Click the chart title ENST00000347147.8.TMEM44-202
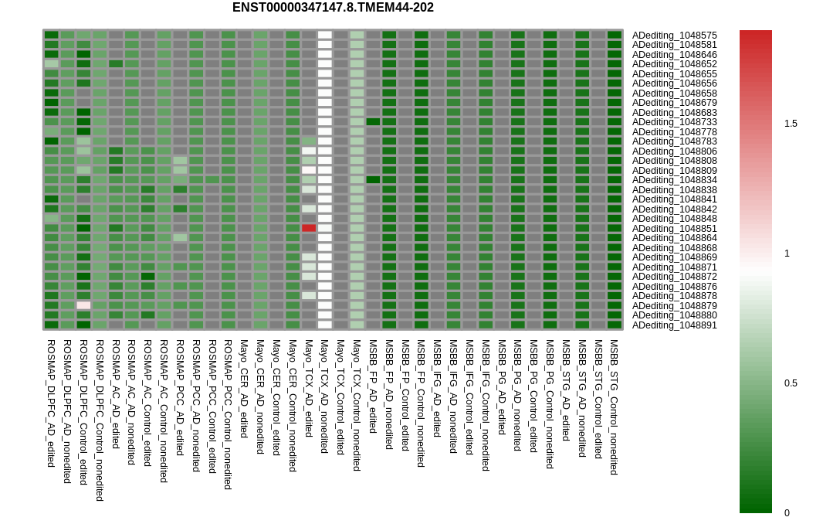coord(333,8)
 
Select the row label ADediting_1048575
coord(674,36)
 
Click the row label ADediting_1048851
coord(674,229)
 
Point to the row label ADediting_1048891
coord(674,325)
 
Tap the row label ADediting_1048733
coord(674,122)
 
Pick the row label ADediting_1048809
coord(674,170)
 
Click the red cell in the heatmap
coord(309,228)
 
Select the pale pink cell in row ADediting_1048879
coord(83,305)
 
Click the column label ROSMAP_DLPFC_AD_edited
coord(51,403)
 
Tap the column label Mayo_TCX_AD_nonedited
coord(324,396)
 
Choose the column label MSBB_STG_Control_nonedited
coord(614,407)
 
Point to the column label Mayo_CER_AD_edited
coord(244,389)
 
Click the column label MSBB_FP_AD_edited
coord(373,386)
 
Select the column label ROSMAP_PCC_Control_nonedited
coord(228,415)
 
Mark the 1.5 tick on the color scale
coord(791,124)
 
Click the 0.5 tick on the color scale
coord(791,383)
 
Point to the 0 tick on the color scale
coord(787,513)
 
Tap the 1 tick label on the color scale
coord(787,253)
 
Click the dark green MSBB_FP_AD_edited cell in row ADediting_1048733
coord(373,122)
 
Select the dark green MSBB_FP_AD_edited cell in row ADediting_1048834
coord(373,180)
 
